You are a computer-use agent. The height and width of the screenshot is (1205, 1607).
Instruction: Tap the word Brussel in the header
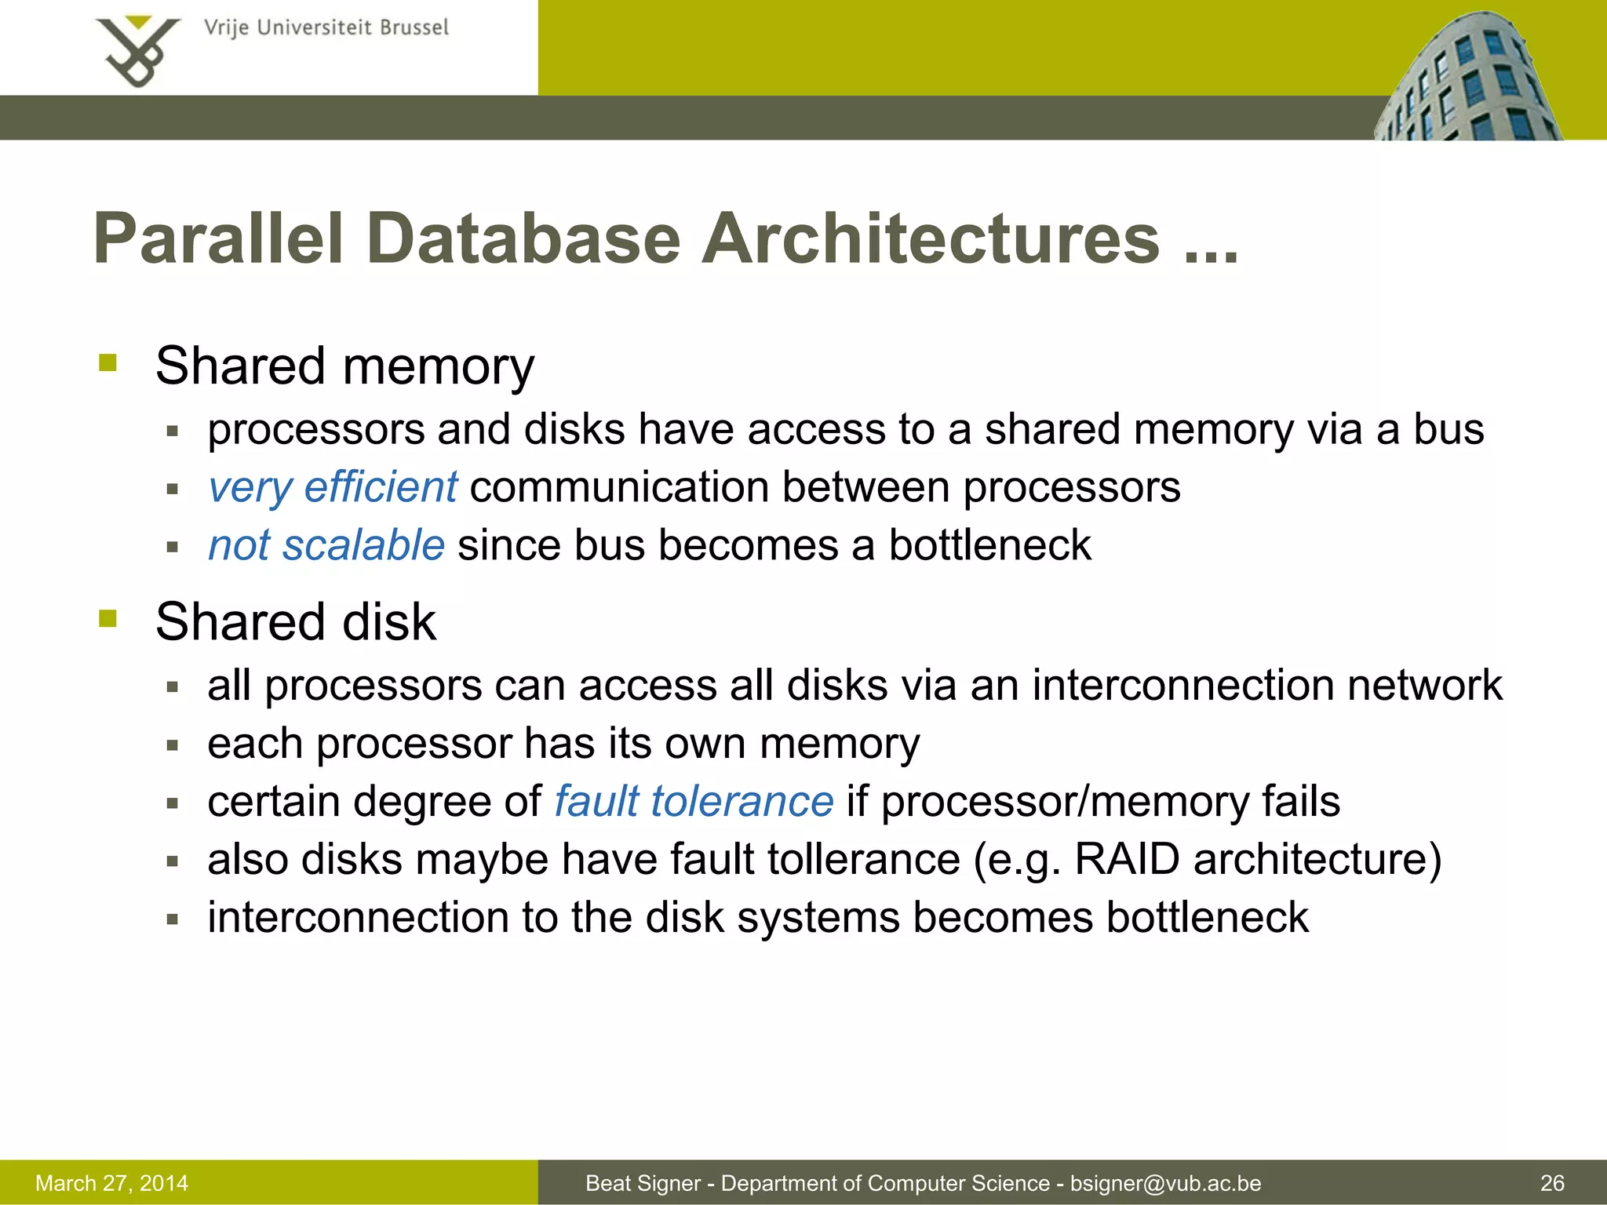coord(414,27)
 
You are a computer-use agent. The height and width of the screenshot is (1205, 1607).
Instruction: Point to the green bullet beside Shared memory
coord(107,363)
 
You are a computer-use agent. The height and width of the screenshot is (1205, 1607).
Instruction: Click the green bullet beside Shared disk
coord(107,619)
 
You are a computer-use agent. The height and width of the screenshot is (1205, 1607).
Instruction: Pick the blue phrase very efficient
coord(332,487)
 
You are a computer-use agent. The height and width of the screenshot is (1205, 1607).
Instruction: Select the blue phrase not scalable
coord(326,545)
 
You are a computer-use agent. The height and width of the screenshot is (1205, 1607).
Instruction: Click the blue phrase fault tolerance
coord(694,801)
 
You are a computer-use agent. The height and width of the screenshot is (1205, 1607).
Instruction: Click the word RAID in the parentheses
coord(1127,859)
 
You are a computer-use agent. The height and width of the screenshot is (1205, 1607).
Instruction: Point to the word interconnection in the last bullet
coord(358,917)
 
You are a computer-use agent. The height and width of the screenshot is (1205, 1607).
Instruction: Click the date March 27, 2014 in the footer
coord(111,1183)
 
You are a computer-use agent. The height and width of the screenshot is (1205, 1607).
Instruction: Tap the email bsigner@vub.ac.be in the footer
coord(1165,1183)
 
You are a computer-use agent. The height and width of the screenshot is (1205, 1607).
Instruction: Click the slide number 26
coord(1552,1183)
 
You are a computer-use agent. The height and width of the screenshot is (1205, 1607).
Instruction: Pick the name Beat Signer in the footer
coord(643,1183)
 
